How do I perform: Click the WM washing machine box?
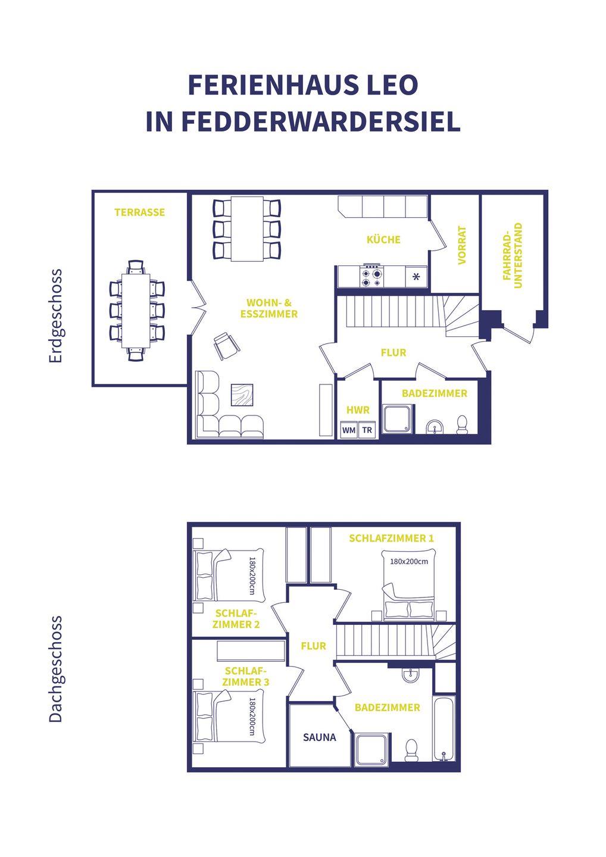(348, 430)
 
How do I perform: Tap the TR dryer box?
(367, 430)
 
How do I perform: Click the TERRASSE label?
(140, 212)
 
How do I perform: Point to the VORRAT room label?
(462, 245)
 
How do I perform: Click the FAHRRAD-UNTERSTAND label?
(513, 255)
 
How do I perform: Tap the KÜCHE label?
(383, 239)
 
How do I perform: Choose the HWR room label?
(358, 410)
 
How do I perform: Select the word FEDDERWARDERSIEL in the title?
(321, 121)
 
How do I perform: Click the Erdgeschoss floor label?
(55, 315)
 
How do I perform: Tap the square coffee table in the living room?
(242, 395)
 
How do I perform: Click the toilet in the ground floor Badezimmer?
(462, 425)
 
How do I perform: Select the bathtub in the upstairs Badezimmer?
(444, 728)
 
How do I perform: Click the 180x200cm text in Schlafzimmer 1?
(409, 562)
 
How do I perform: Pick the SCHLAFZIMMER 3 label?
(246, 677)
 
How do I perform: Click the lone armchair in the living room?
(226, 346)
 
